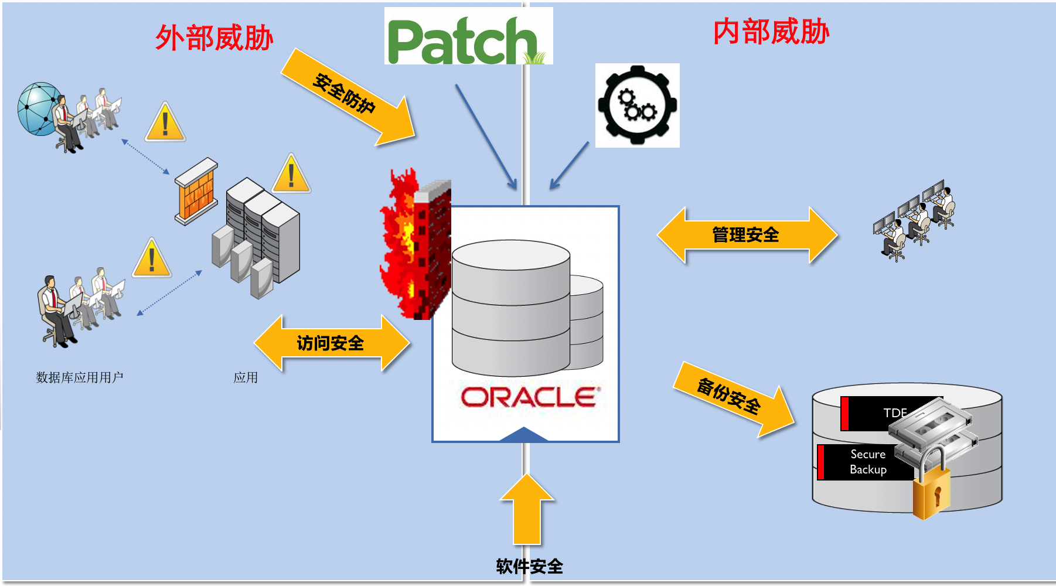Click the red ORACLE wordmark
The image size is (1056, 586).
tap(529, 397)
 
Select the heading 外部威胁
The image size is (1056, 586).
tap(214, 39)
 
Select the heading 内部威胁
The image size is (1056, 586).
tap(771, 32)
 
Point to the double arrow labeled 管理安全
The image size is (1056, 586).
tap(746, 235)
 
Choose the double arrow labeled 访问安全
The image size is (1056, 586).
tap(331, 343)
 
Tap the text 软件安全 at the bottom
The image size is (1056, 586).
tap(529, 566)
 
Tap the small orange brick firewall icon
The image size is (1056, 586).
tap(196, 190)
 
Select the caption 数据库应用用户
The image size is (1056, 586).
tap(79, 377)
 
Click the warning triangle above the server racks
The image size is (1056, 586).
tap(291, 175)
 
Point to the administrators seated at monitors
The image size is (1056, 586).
tap(914, 220)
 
